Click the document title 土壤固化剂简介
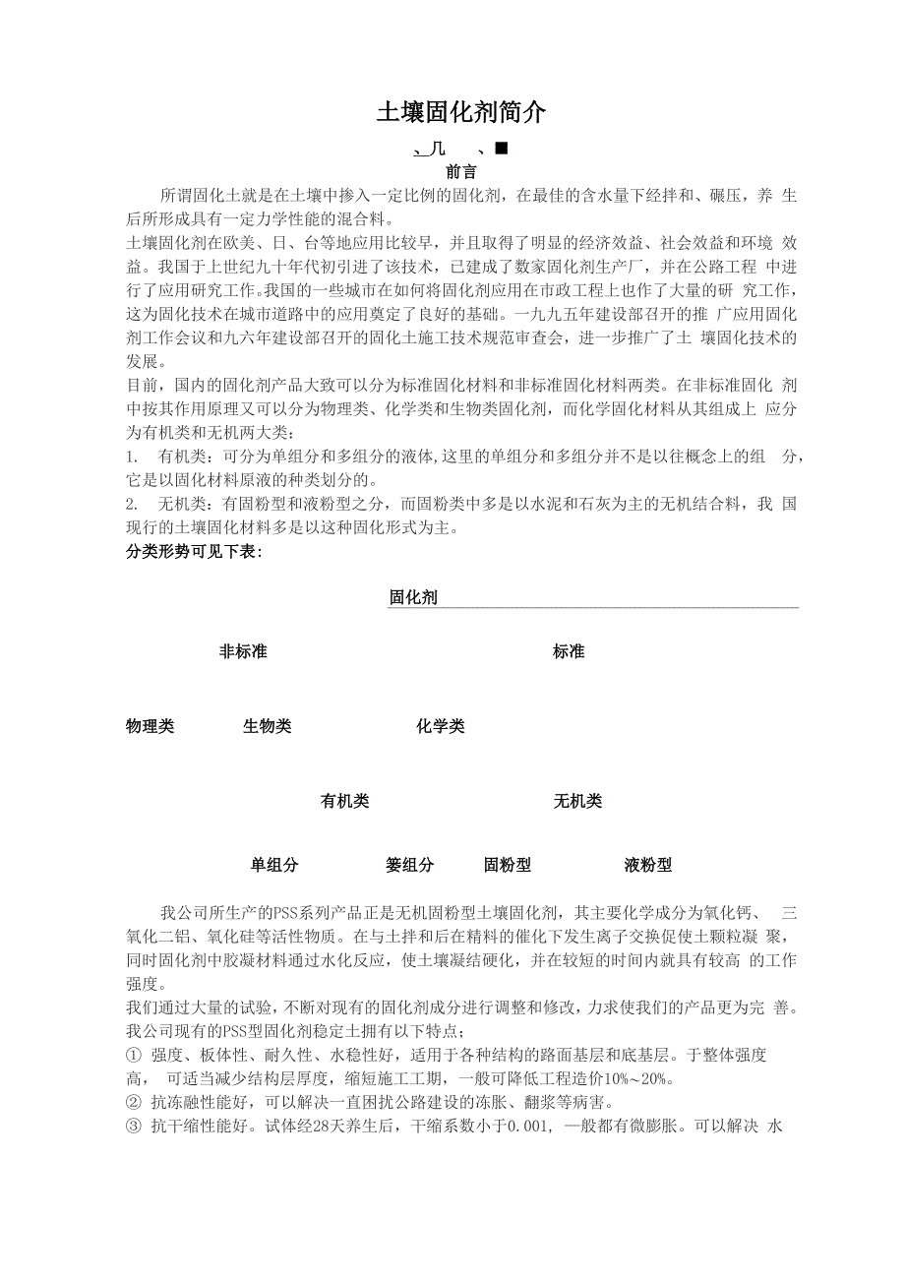tap(460, 113)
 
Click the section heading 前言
tap(461, 171)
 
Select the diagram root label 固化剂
tap(413, 597)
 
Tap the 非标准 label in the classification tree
tap(243, 651)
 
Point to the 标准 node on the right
tap(569, 651)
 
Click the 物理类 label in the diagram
tap(151, 726)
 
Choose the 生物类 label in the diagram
tap(268, 726)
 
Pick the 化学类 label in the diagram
tap(441, 726)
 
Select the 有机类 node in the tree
tap(345, 801)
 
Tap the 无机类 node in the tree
tap(577, 801)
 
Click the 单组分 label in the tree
tap(274, 865)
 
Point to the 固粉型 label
tap(508, 865)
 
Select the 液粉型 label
tap(648, 865)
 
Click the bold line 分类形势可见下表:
tap(194, 552)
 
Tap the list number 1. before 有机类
tap(132, 457)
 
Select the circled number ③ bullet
tap(135, 1127)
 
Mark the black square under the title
tap(500, 149)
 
